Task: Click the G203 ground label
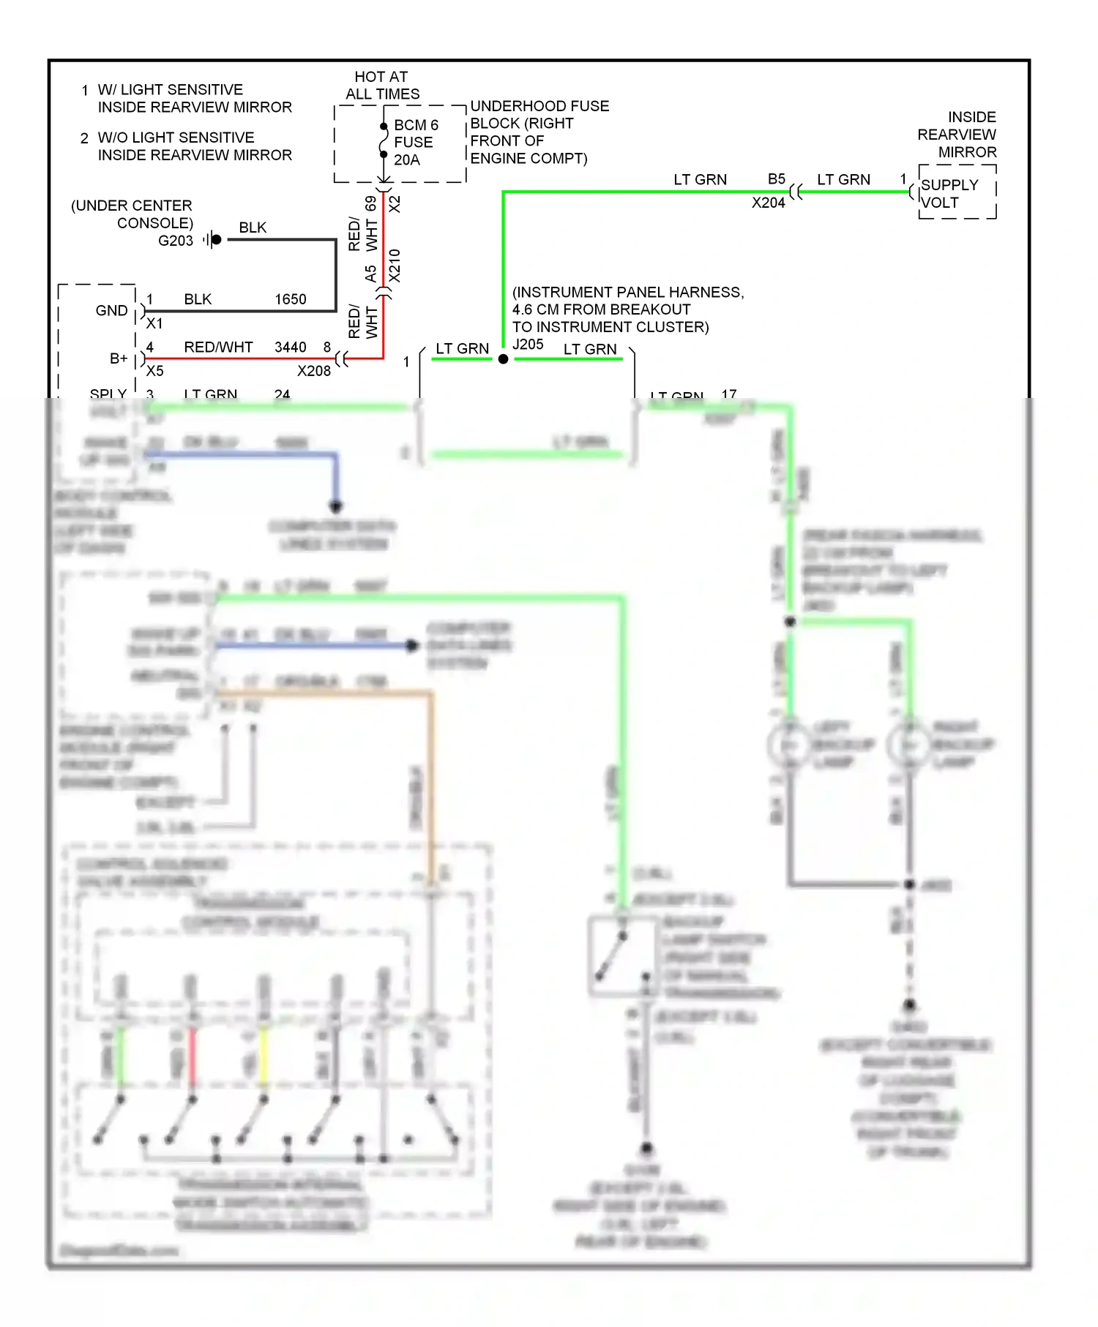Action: pyautogui.click(x=176, y=241)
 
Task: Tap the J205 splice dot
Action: pyautogui.click(x=503, y=358)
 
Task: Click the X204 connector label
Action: pyautogui.click(x=768, y=203)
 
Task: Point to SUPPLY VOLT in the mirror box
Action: pyautogui.click(x=949, y=194)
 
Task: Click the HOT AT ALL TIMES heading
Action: pyautogui.click(x=381, y=86)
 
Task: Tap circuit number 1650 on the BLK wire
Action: pyautogui.click(x=290, y=299)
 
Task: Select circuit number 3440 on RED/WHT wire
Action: pyautogui.click(x=290, y=347)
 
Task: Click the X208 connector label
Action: pyautogui.click(x=313, y=371)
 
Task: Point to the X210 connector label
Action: pyautogui.click(x=395, y=265)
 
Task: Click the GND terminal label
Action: pyautogui.click(x=111, y=310)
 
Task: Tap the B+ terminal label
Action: pyautogui.click(x=119, y=358)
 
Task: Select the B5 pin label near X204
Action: pyautogui.click(x=777, y=179)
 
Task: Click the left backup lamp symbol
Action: pyautogui.click(x=789, y=745)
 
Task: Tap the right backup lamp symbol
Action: pyautogui.click(x=908, y=745)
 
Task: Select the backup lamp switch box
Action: pyautogui.click(x=621, y=956)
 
